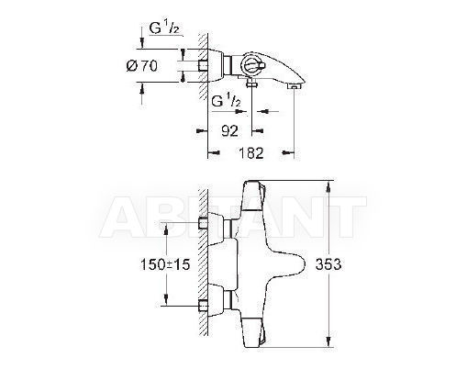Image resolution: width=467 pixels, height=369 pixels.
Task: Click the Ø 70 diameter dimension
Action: pos(142,66)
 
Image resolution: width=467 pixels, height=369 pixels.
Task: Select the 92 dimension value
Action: pos(229,131)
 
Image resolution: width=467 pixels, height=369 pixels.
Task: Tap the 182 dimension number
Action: pos(250,153)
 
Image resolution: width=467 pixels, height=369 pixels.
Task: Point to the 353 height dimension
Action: pos(328,264)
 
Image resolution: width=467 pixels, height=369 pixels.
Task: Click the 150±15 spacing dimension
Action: pos(165,264)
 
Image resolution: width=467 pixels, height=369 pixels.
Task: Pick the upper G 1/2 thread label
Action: pos(164,28)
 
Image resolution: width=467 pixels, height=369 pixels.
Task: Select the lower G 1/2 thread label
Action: pos(227,100)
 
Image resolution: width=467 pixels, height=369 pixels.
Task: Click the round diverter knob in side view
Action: pos(251,64)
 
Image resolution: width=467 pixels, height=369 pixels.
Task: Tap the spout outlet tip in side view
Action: pos(294,87)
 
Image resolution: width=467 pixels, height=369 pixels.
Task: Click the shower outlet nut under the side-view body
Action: pos(251,84)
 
